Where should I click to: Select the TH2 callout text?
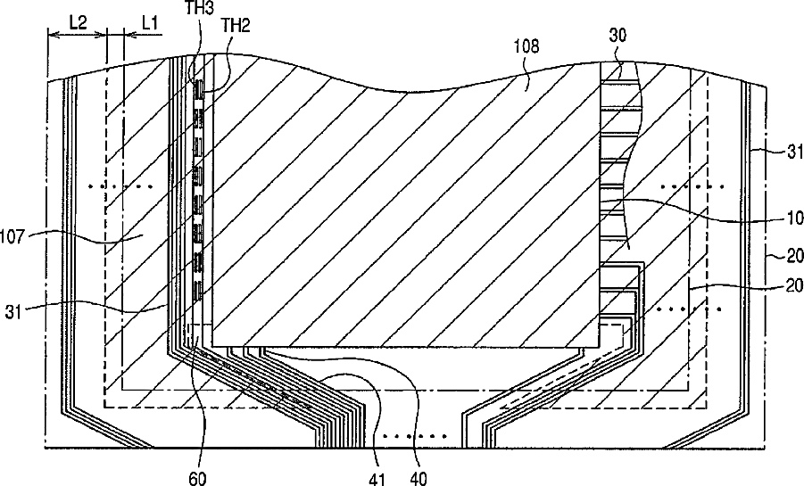pos(235,26)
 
